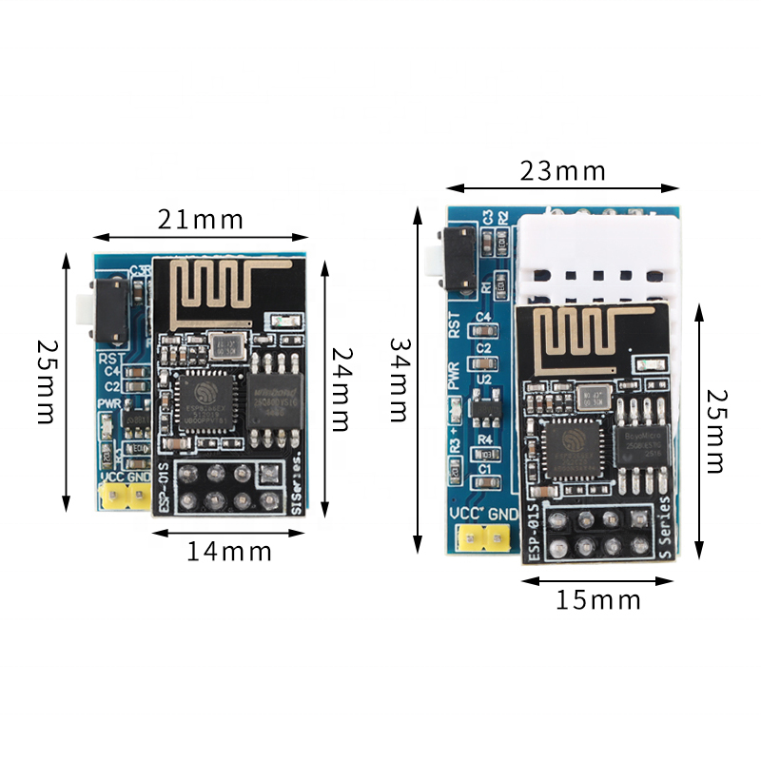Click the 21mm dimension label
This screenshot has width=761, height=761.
[201, 221]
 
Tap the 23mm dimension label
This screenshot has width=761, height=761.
[563, 171]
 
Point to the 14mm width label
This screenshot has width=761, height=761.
[229, 551]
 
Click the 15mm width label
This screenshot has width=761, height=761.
[598, 599]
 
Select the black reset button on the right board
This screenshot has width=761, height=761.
[461, 258]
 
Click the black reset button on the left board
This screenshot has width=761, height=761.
[110, 311]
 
